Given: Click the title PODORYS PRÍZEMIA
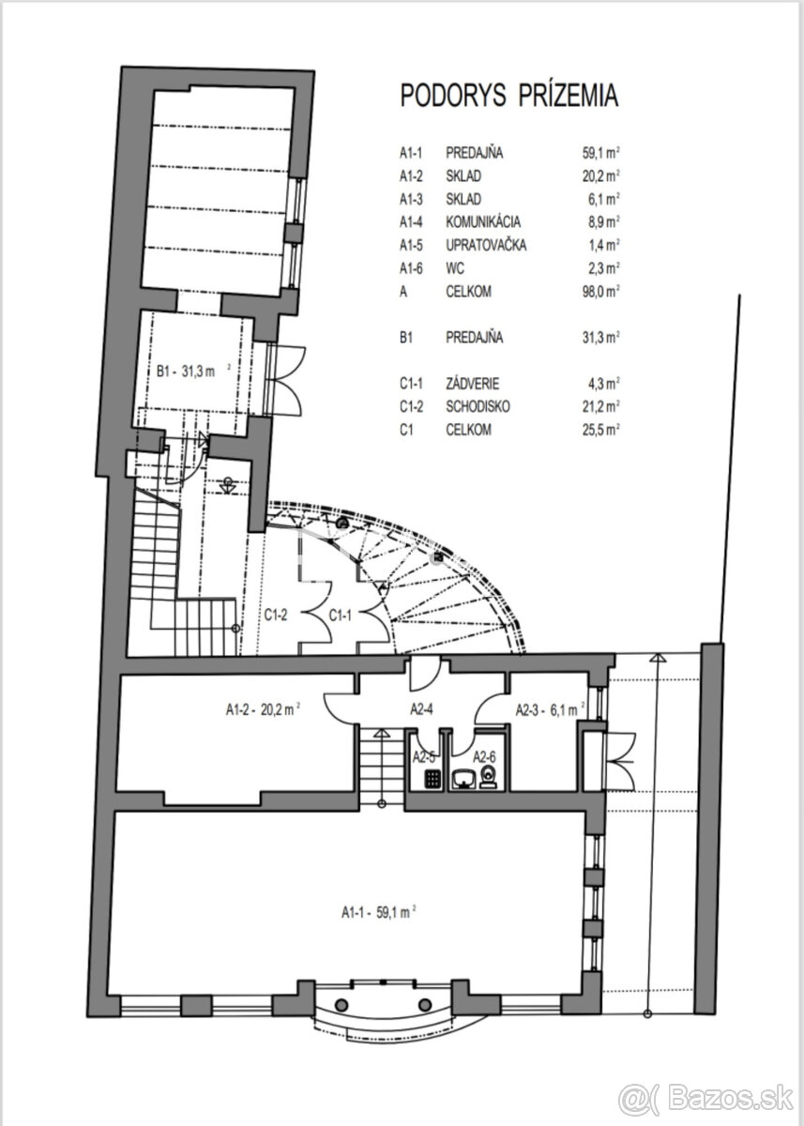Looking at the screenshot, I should click(x=508, y=96).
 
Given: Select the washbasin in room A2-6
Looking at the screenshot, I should click(x=464, y=778).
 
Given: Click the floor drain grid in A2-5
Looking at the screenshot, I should click(x=432, y=778).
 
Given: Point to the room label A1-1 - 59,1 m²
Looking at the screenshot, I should click(x=378, y=910).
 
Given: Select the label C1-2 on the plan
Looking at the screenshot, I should click(x=275, y=616).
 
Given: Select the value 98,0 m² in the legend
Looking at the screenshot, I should click(x=599, y=292).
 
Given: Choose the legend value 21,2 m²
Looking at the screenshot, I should click(x=599, y=406).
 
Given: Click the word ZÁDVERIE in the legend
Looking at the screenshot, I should click(x=473, y=383).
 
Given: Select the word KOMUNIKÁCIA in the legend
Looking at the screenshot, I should click(x=484, y=222).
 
